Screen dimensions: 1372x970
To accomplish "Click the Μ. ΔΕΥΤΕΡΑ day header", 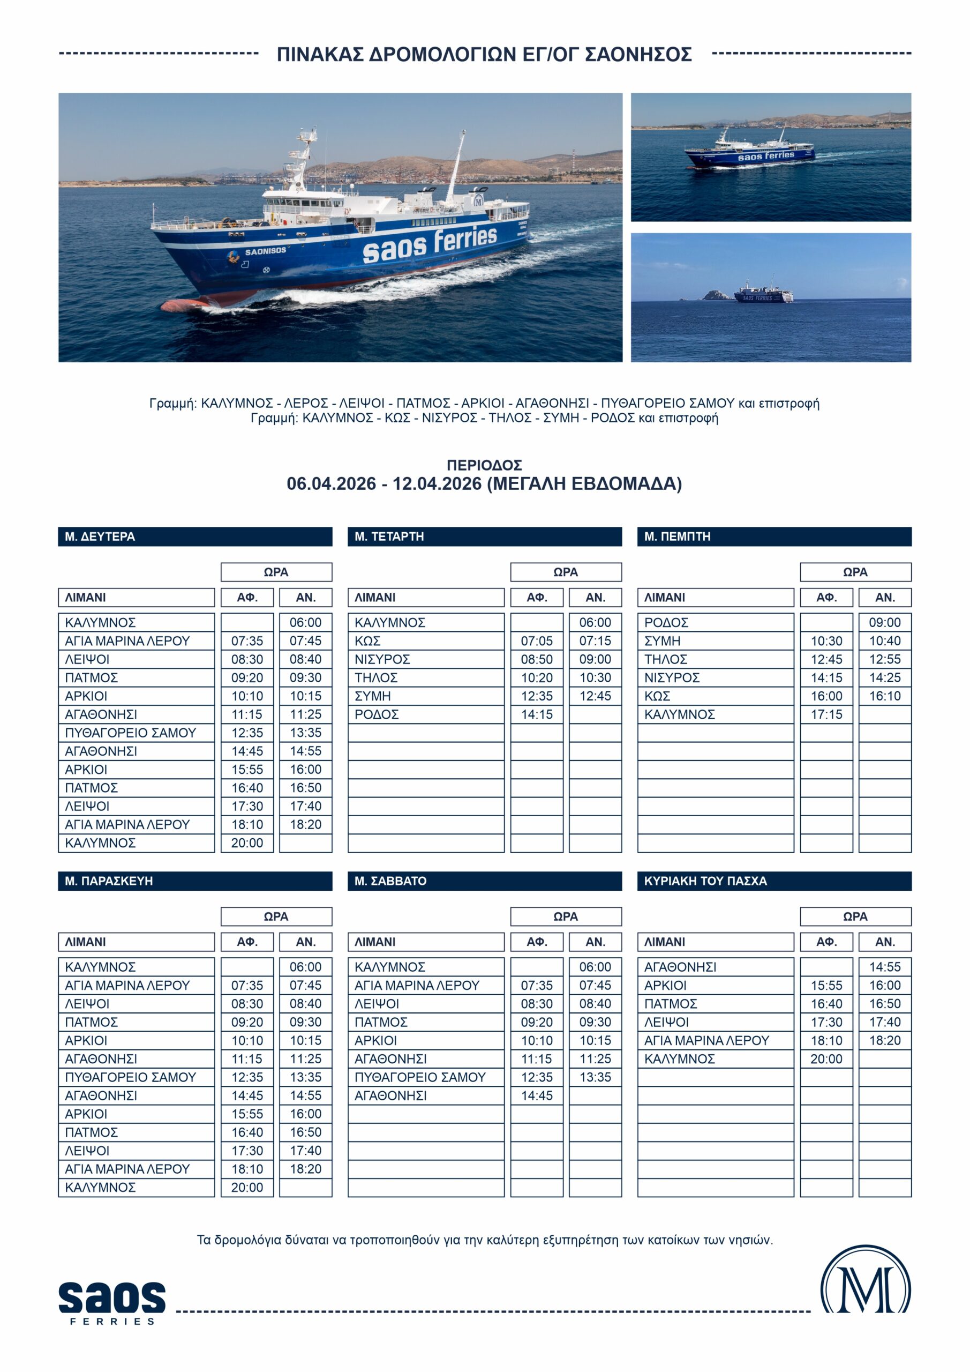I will click(x=100, y=536).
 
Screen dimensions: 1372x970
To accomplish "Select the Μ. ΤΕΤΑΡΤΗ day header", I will click(x=389, y=536).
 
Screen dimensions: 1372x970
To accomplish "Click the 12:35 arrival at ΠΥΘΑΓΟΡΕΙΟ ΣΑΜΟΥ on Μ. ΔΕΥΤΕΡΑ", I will click(x=247, y=733).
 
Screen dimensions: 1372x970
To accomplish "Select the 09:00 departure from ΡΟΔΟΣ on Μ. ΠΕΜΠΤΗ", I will click(x=885, y=622).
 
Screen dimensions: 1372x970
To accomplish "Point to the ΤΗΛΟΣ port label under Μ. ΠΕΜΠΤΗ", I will click(x=665, y=659).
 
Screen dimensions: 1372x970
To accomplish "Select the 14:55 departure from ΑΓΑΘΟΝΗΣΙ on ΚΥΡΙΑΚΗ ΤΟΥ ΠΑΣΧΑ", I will click(x=885, y=967).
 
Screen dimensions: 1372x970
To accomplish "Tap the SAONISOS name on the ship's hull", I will click(x=265, y=251).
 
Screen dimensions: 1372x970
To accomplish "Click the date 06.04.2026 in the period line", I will click(x=331, y=483).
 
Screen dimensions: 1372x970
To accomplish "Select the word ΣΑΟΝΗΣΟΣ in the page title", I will click(x=638, y=54).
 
